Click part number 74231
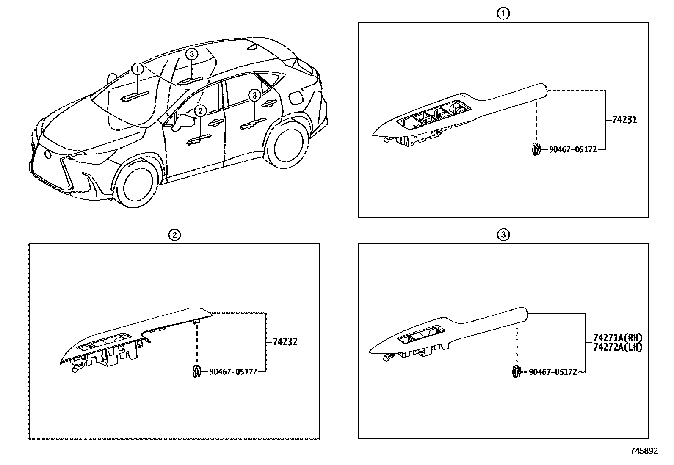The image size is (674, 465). click(x=624, y=120)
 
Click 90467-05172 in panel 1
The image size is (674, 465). click(x=572, y=149)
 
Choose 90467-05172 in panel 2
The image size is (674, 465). click(x=233, y=372)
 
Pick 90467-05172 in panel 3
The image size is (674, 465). click(x=553, y=372)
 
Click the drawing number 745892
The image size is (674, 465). click(x=644, y=451)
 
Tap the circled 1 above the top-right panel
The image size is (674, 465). click(x=503, y=14)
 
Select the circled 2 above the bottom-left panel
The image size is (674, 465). click(x=174, y=235)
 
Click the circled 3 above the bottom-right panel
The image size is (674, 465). click(x=503, y=235)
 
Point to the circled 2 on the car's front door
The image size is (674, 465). click(x=200, y=111)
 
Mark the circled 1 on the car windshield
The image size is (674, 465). click(x=137, y=69)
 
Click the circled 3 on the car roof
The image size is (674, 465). click(x=192, y=54)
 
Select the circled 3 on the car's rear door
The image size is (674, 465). click(x=254, y=95)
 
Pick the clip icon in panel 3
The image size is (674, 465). click(x=516, y=371)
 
